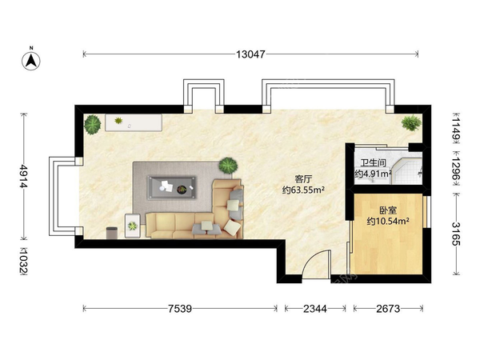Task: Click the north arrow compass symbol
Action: tap(31, 60)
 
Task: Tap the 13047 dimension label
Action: tap(250, 54)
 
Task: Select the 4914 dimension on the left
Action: tap(23, 176)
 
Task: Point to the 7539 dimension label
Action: tap(180, 309)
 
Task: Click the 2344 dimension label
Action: tap(315, 309)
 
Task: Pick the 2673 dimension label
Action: tap(388, 309)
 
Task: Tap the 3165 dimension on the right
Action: tap(456, 234)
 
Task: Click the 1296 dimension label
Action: tap(456, 170)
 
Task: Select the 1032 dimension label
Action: tap(23, 262)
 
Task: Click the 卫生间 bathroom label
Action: tap(373, 162)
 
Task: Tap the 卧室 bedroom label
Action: tap(388, 210)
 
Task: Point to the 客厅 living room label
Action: tap(303, 178)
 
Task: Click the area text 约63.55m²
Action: tap(303, 190)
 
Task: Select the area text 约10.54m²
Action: tap(388, 221)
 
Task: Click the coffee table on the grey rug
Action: tap(172, 187)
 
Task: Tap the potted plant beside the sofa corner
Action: tap(228, 166)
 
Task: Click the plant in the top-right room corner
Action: tap(411, 122)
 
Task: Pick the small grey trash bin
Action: tap(112, 233)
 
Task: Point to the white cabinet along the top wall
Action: tap(134, 122)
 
